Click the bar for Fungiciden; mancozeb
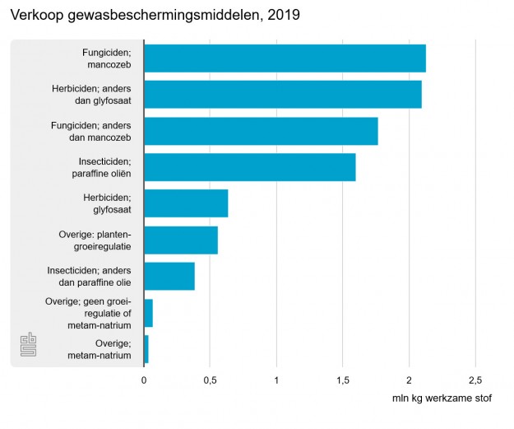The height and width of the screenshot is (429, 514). pyautogui.click(x=285, y=59)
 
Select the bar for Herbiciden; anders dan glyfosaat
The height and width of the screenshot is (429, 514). pyautogui.click(x=283, y=95)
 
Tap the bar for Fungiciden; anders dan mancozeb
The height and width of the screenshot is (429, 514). pyautogui.click(x=261, y=131)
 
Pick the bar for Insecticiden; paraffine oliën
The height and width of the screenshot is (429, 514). pyautogui.click(x=250, y=167)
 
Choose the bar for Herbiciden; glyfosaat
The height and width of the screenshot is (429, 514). pyautogui.click(x=186, y=203)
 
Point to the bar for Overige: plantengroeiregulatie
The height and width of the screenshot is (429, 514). pyautogui.click(x=181, y=240)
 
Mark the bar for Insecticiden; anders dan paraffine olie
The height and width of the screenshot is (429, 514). pyautogui.click(x=169, y=276)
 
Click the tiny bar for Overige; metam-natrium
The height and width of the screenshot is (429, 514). pyautogui.click(x=146, y=349)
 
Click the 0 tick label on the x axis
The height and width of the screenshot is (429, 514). pyautogui.click(x=144, y=380)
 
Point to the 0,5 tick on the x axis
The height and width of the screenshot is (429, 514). pyautogui.click(x=210, y=380)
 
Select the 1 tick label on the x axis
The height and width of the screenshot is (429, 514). pyautogui.click(x=276, y=380)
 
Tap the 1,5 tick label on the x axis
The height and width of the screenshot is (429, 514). pyautogui.click(x=343, y=380)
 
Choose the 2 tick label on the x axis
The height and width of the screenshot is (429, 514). pyautogui.click(x=409, y=380)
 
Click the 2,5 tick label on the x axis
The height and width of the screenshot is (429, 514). pyautogui.click(x=475, y=380)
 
